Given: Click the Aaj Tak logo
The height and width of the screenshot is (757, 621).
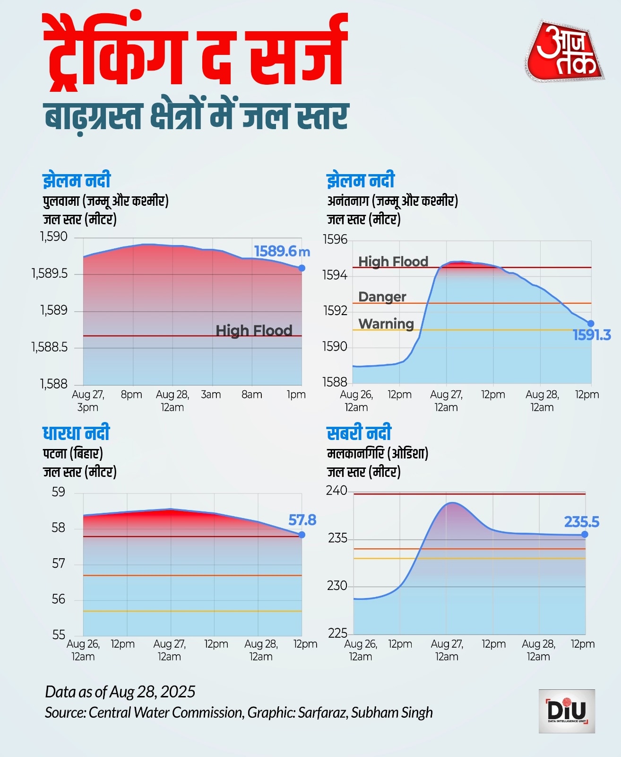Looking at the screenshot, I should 564,51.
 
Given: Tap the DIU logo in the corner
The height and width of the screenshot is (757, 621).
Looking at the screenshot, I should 567,711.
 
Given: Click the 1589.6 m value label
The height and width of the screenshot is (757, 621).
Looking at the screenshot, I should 282,251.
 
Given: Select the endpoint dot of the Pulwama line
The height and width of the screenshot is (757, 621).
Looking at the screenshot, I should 302,268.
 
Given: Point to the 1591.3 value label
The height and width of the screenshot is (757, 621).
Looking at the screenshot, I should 592,335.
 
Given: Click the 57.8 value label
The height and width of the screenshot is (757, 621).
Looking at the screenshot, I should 302,520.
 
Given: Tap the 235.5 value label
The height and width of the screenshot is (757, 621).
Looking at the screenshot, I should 581,522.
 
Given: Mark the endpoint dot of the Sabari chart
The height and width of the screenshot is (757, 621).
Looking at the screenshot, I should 585,535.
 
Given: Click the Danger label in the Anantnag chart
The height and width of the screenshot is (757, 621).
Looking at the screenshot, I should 382,297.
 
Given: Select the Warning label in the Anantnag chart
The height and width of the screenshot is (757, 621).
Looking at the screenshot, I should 386,324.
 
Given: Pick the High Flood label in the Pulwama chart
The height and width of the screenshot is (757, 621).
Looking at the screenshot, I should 254,330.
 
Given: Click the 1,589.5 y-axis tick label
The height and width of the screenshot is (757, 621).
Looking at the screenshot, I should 50,273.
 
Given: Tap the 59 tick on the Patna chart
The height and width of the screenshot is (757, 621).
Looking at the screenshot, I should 59,492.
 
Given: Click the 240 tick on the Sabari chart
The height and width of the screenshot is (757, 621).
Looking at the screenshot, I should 336,491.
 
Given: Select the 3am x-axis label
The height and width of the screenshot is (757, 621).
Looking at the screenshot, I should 211,395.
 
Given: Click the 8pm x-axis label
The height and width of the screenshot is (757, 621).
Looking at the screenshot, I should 131,395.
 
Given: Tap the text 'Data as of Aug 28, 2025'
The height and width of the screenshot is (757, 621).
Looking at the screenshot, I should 120,692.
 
